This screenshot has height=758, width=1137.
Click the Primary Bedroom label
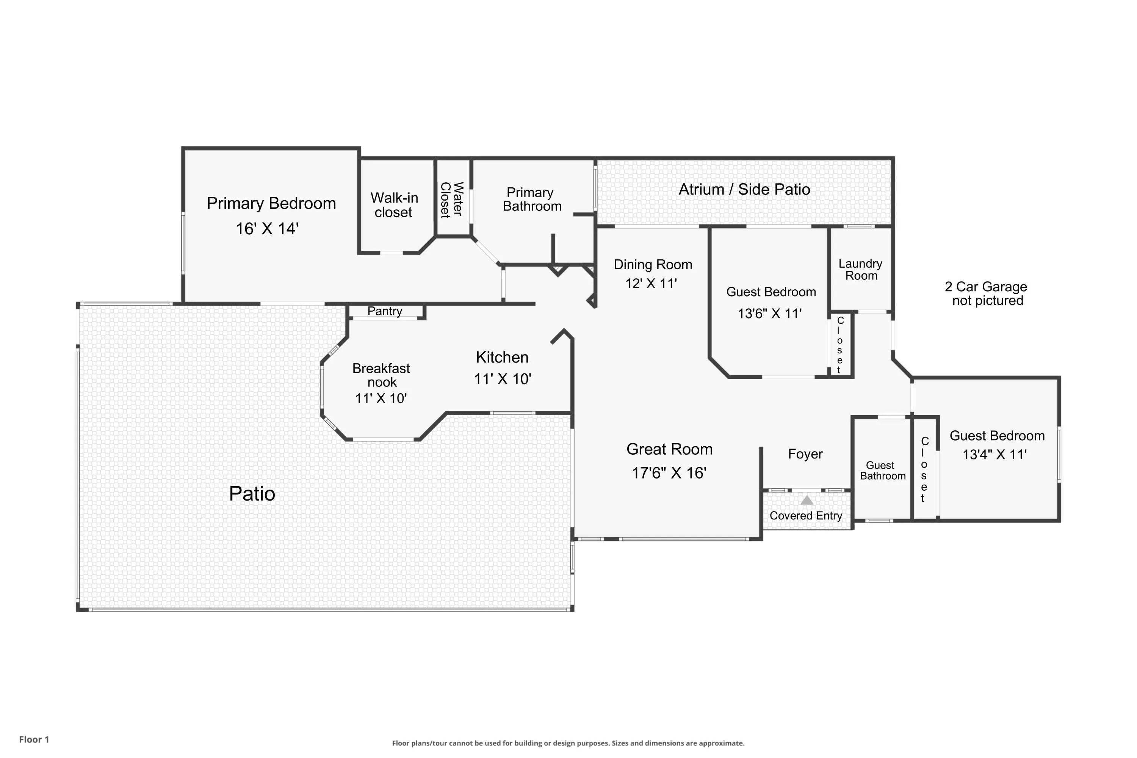pos(271,203)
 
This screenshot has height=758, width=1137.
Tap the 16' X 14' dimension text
pos(267,229)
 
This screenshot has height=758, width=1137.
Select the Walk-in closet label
pos(394,205)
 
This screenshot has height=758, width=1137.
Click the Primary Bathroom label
pos(532,199)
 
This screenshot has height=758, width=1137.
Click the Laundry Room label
pos(861,270)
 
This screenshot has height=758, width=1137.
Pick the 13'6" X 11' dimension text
pos(769,314)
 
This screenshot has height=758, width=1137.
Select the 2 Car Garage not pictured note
pos(986,293)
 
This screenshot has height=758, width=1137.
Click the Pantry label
pos(385,311)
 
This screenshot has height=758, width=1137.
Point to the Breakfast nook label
pos(381,375)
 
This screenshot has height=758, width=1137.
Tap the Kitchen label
pos(502,357)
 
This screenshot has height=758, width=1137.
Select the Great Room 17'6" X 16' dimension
pos(669,473)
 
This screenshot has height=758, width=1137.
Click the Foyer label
pos(805,454)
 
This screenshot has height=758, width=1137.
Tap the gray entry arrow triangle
pos(807,500)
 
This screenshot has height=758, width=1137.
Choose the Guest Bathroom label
pos(883,470)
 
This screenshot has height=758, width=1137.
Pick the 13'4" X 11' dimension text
pos(994,454)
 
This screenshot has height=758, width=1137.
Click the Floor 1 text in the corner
pos(34,739)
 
